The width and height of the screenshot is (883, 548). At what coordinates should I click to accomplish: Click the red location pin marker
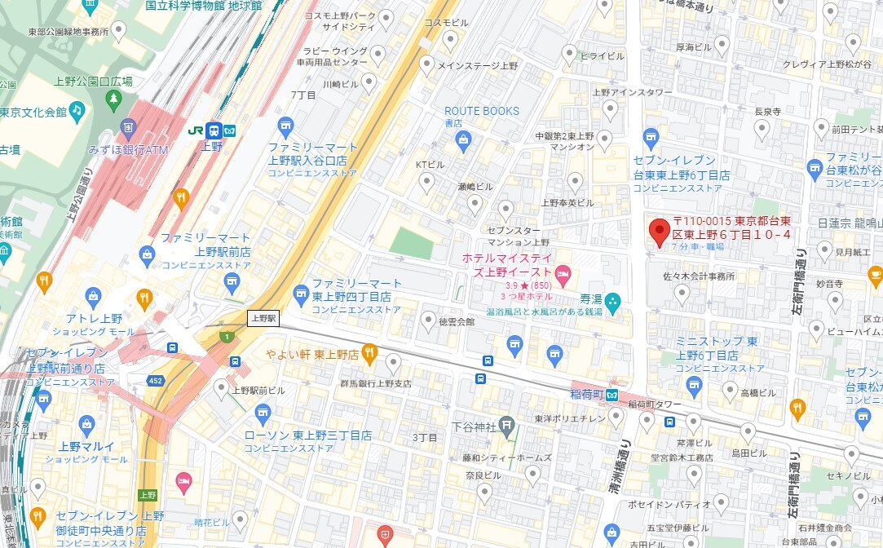(659, 232)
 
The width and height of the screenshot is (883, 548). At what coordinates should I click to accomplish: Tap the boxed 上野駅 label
(263, 319)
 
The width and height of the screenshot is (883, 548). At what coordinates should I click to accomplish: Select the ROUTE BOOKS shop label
(481, 111)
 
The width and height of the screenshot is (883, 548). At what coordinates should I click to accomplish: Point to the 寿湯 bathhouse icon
(613, 300)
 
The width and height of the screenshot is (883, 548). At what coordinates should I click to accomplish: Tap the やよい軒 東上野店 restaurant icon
(369, 353)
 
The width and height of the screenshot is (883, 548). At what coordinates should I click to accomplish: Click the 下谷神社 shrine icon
(506, 426)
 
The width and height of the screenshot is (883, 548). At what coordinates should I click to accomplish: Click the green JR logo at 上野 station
(196, 130)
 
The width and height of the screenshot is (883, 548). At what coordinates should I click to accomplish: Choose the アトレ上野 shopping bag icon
(93, 295)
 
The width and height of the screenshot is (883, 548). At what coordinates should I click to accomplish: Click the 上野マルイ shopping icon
(87, 423)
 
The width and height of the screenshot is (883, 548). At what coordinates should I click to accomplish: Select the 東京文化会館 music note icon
(77, 108)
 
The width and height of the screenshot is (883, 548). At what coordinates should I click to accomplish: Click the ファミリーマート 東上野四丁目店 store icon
(301, 291)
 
